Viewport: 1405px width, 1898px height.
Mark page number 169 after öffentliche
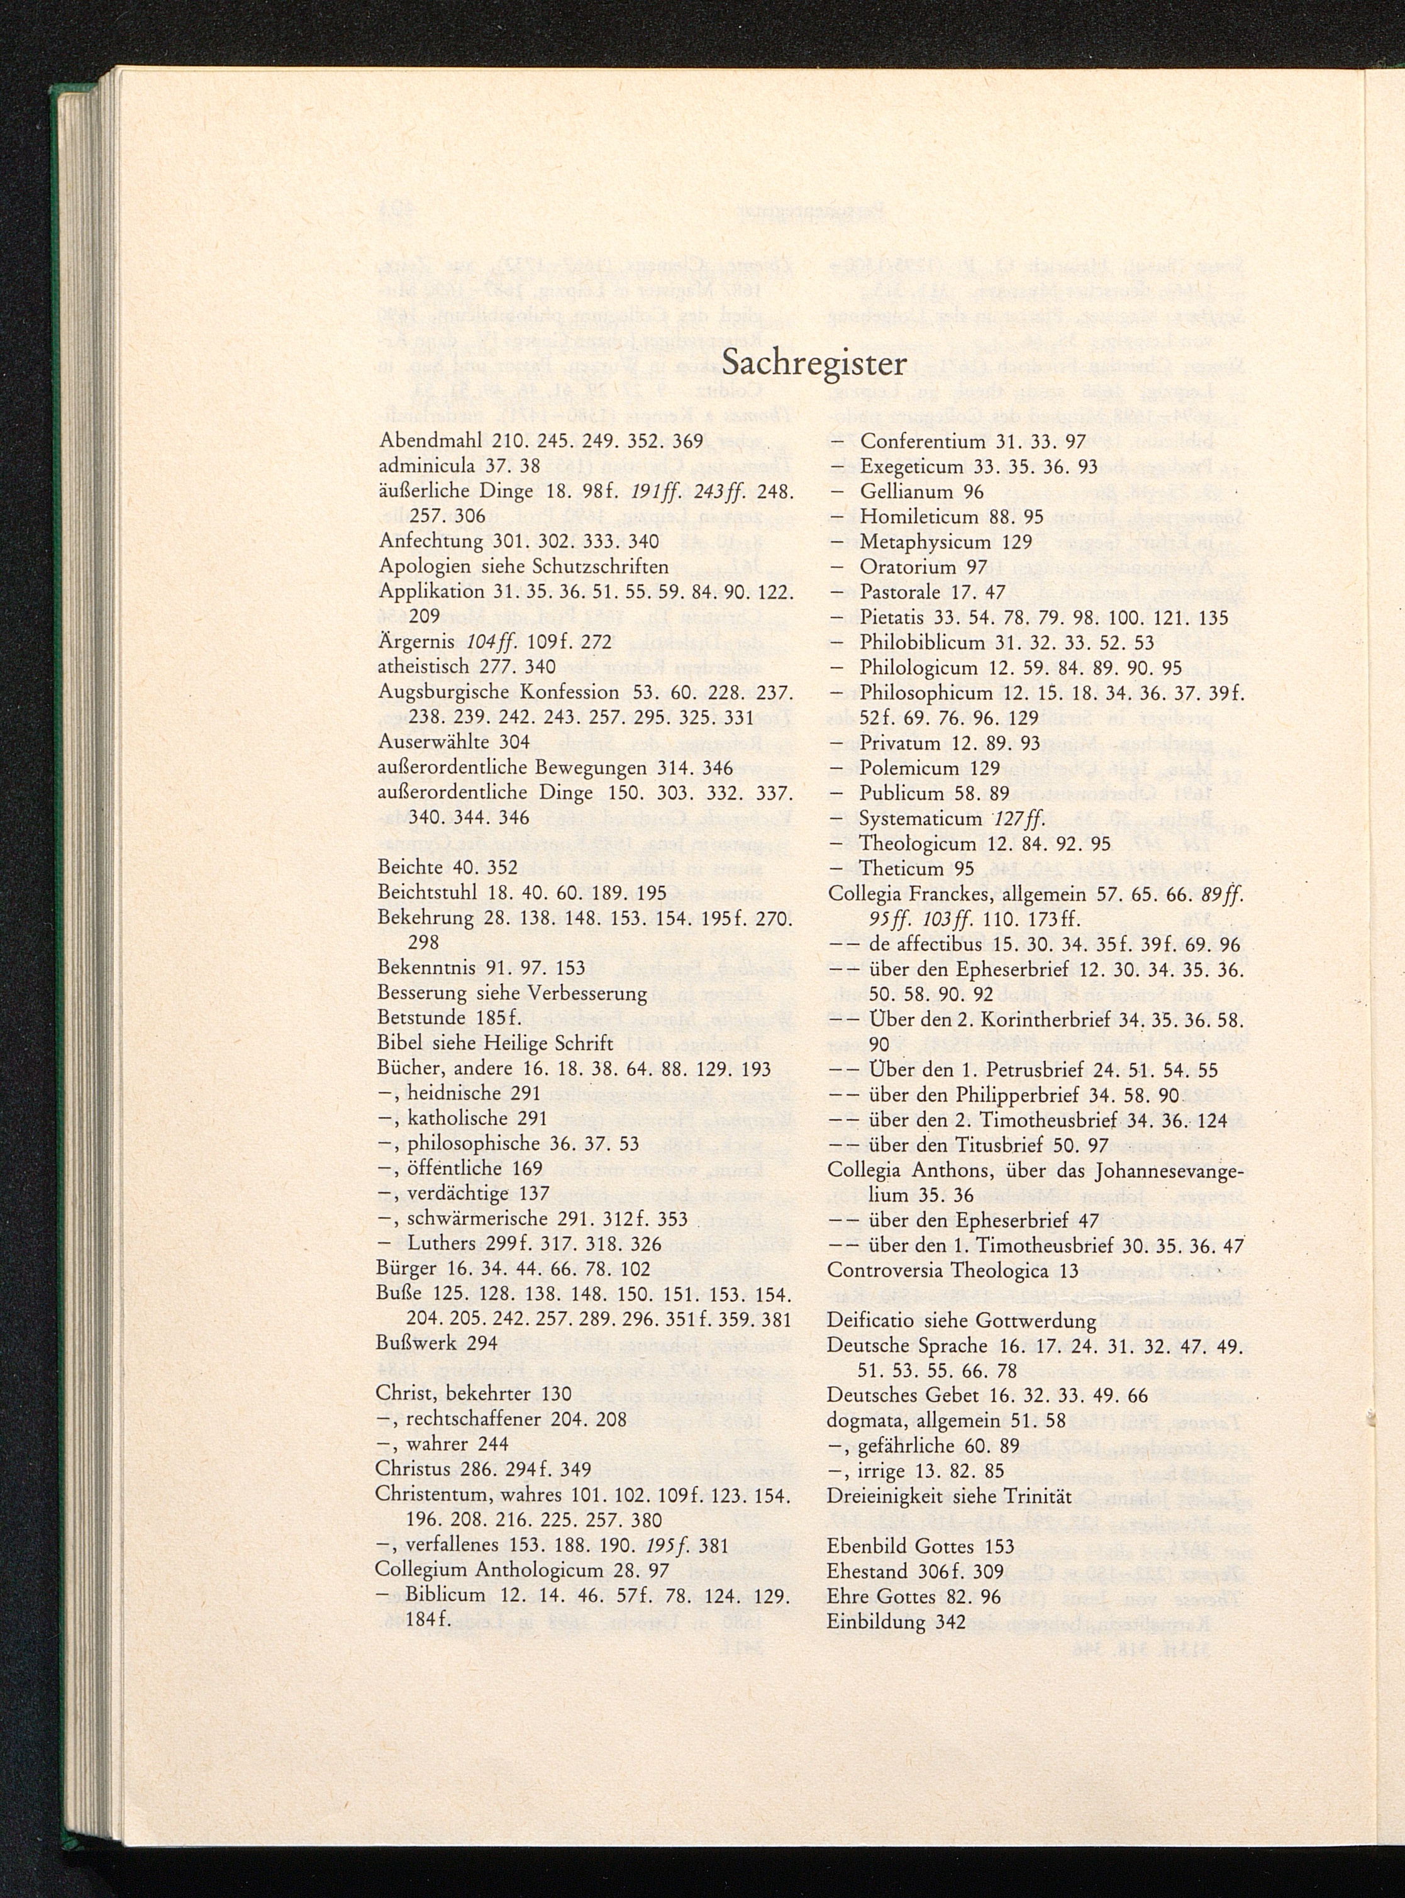pos(526,1168)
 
